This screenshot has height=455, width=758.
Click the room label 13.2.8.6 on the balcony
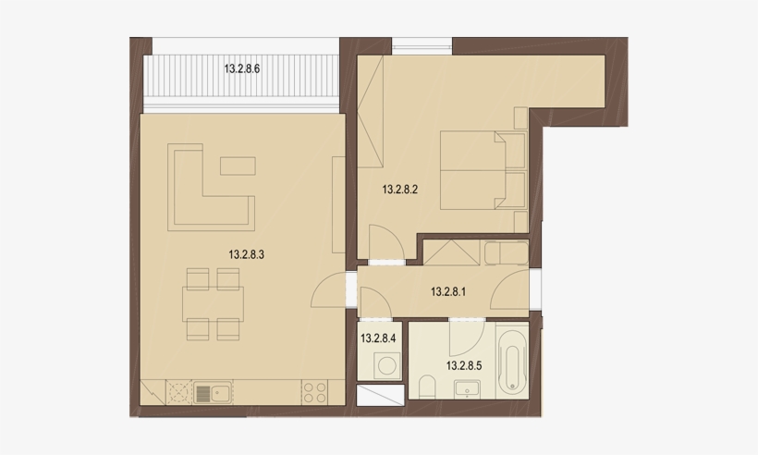point(243,68)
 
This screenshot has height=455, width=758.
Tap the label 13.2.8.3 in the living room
point(247,254)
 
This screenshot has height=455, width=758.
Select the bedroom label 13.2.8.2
point(401,191)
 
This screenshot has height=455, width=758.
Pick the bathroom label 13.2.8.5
point(465,365)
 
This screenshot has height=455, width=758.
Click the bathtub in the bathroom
point(511,362)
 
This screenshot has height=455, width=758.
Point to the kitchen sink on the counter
point(212,393)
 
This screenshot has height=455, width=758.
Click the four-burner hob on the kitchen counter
point(314,393)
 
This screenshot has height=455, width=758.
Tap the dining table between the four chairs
point(212,303)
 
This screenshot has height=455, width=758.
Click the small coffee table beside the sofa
point(238,166)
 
